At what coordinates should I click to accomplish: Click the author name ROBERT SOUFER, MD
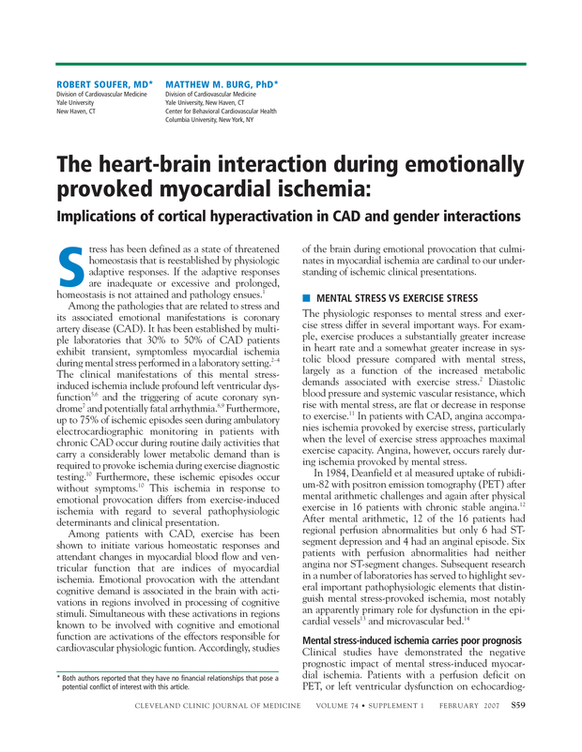click(x=101, y=83)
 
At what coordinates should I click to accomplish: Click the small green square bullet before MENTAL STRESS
click(x=305, y=297)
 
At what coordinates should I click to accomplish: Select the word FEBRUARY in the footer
click(x=449, y=730)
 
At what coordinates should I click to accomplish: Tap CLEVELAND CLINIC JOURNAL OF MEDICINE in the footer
click(x=218, y=730)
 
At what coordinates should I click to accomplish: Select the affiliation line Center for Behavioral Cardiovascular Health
click(x=222, y=111)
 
